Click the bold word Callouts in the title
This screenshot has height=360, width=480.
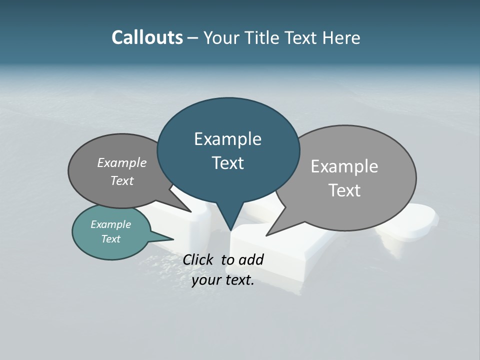point(147,37)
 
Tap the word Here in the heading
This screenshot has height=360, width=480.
point(340,37)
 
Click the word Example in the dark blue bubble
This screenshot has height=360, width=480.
point(227,139)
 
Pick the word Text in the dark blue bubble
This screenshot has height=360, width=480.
point(227,162)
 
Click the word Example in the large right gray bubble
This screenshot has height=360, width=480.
point(344,166)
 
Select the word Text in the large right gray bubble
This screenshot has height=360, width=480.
point(344,190)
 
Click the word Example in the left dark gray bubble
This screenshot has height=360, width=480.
point(121,162)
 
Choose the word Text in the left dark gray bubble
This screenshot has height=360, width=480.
point(121,180)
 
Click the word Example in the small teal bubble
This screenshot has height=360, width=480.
point(110,224)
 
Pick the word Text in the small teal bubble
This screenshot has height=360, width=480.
point(110,239)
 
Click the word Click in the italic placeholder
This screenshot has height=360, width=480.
point(199,259)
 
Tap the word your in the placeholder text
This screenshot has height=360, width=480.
point(206,280)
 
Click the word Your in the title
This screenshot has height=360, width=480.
point(221,37)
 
